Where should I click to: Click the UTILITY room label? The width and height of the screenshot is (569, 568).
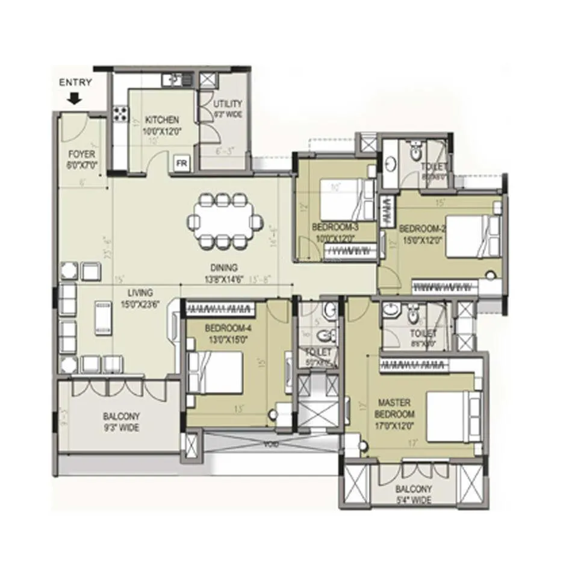[228, 104]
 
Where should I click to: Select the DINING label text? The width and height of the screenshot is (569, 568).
[224, 267]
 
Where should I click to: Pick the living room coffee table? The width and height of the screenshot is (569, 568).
[102, 317]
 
